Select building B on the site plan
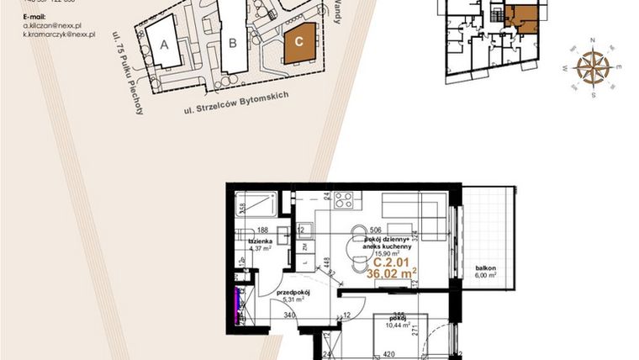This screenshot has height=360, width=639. [232, 39]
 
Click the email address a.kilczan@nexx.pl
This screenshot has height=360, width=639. [52, 26]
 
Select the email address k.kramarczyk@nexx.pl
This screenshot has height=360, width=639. [60, 37]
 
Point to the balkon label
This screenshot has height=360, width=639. [482, 264]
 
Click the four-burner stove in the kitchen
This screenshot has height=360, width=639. [345, 200]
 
